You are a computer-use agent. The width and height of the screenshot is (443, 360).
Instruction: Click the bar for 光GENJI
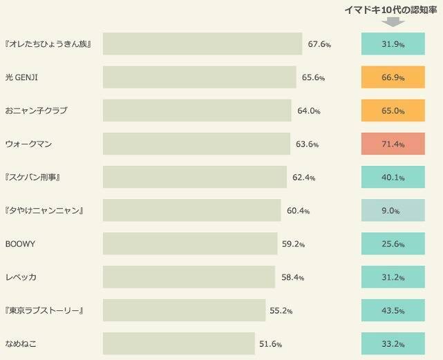point(200,77)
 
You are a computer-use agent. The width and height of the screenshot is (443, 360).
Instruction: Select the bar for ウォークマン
point(196,144)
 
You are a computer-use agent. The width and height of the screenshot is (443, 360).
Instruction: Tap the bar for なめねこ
point(179,343)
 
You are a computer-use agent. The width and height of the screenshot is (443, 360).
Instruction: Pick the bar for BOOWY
point(190,244)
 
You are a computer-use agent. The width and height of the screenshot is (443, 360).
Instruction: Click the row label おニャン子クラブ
point(36,111)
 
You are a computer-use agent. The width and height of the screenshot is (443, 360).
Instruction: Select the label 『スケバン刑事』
point(33,178)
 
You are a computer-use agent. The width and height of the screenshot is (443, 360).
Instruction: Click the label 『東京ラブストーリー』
point(44,310)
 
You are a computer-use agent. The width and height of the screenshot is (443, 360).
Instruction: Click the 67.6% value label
point(319,44)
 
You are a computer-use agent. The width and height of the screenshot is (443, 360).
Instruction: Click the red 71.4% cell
point(393,144)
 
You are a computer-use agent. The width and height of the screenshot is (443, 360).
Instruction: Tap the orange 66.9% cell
point(393,77)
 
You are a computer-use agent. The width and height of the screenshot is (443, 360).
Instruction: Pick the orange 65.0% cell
point(393,111)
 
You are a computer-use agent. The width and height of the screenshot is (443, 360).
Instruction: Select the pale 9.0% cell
point(393,211)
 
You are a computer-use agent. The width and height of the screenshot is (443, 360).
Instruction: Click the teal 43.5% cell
point(393,310)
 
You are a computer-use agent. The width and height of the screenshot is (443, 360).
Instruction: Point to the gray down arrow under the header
point(393,22)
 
